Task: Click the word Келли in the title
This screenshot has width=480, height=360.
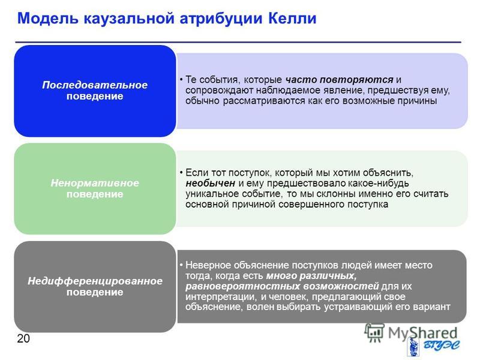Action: tap(292, 19)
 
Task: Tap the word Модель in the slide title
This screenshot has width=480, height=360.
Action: tap(48, 19)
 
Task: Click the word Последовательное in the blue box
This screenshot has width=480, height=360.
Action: tap(95, 85)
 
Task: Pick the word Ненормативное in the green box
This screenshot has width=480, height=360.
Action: tap(95, 183)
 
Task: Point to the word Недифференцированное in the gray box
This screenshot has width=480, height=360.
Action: tap(95, 281)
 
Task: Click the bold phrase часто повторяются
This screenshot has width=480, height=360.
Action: tap(339, 80)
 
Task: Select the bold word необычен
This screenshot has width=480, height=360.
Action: tap(211, 183)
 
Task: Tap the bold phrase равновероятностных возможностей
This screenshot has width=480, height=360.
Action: tap(282, 286)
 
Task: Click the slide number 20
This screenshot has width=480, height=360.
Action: tap(23, 338)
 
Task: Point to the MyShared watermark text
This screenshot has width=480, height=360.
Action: tap(423, 333)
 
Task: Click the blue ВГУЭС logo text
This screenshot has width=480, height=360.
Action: tap(441, 346)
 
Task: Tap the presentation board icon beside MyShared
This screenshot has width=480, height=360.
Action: tap(374, 333)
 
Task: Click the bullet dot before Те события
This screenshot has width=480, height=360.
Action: tap(181, 80)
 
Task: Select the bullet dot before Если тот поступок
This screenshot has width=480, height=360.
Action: tap(181, 173)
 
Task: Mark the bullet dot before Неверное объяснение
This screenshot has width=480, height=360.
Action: tap(181, 265)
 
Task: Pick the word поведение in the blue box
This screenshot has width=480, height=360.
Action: tap(95, 96)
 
